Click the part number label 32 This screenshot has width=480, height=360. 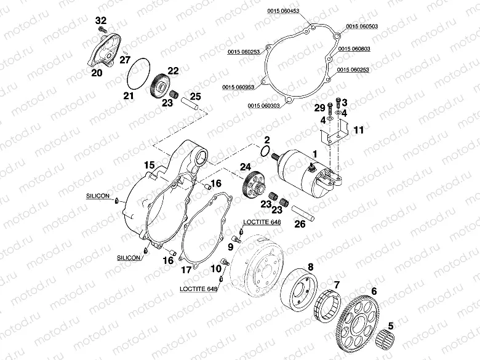(x=102, y=21)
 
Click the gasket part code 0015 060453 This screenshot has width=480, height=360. (x=283, y=11)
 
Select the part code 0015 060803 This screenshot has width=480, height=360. (x=361, y=47)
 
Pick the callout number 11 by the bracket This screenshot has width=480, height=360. (x=359, y=129)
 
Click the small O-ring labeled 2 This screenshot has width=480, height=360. (x=265, y=151)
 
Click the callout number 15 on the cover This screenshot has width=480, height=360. (x=148, y=165)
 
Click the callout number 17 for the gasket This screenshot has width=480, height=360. (x=185, y=270)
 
